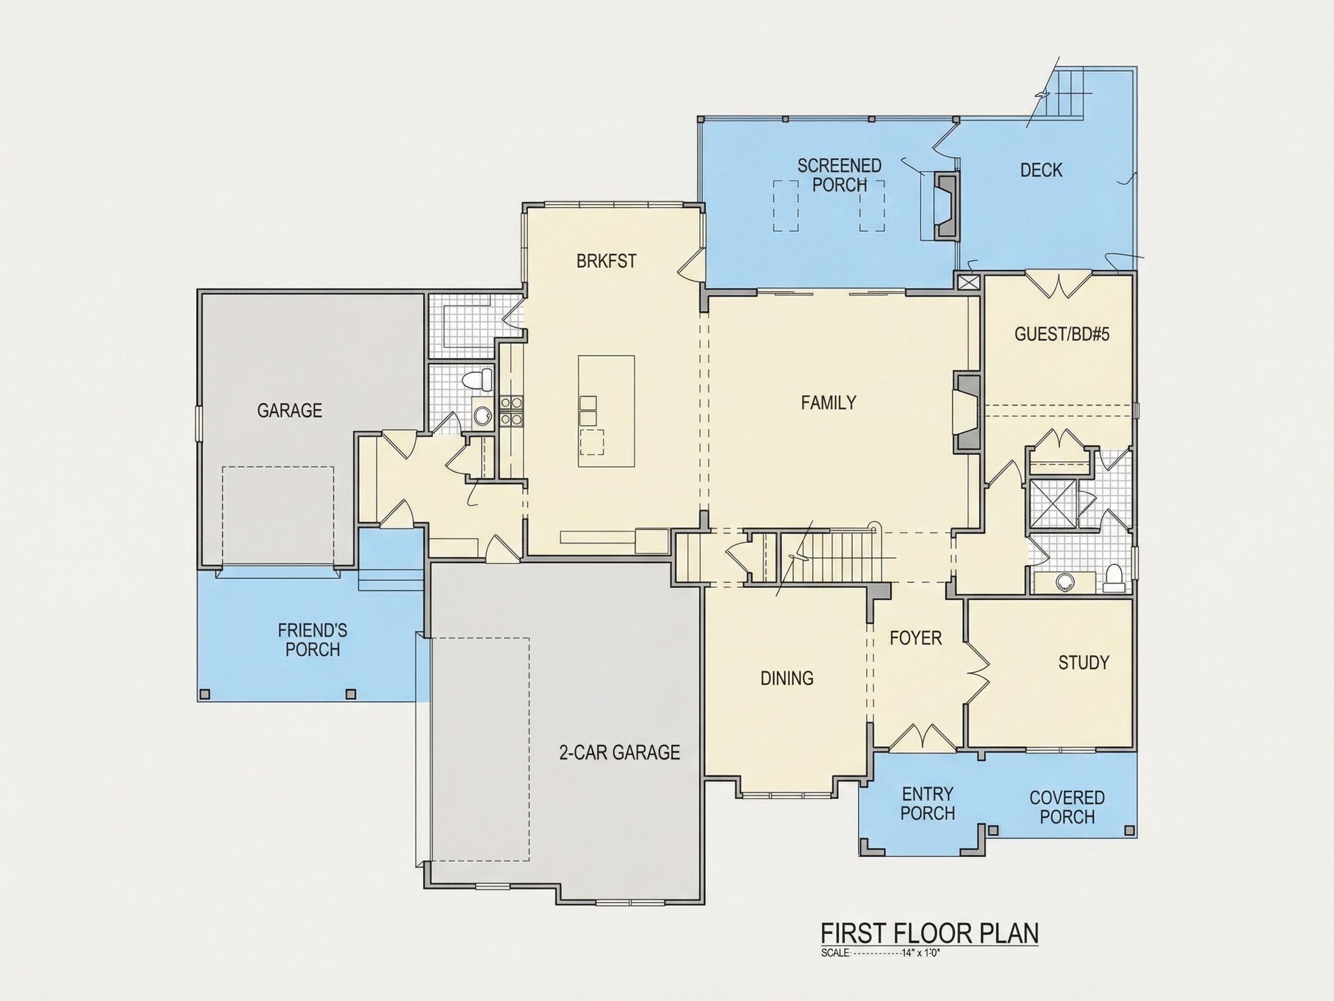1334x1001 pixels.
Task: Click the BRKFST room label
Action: coord(606,261)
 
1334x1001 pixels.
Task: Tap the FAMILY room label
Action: coord(829,403)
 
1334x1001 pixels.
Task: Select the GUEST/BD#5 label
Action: coord(1062,334)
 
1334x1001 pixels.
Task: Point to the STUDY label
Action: coord(1084,663)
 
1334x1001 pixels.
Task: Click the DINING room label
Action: coord(787,678)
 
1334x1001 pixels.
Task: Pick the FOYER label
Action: coord(915,638)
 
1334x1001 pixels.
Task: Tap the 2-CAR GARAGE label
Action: coord(620,752)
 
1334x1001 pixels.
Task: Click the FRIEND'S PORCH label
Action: coord(313,640)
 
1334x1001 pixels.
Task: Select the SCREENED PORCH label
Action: coord(840,175)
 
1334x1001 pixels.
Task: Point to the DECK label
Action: coord(1041,170)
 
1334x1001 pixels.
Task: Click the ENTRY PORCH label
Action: coord(928,803)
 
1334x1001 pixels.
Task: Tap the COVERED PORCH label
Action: coord(1067,808)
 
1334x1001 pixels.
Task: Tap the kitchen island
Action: coord(606,411)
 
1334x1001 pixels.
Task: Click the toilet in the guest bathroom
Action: coord(1113,577)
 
